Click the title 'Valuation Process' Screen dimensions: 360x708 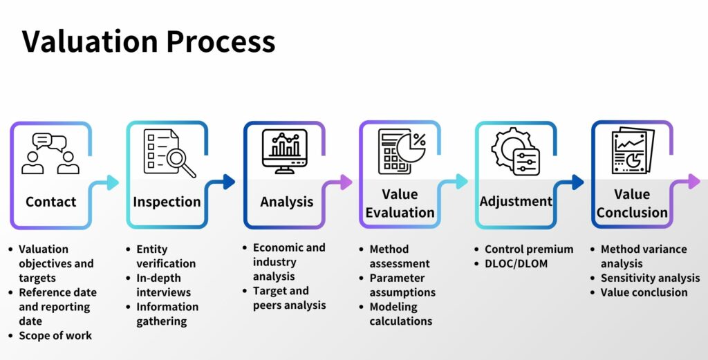(149, 41)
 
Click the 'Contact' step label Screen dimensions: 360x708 (50, 202)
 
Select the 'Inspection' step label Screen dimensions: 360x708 (167, 202)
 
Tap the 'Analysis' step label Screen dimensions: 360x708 (286, 202)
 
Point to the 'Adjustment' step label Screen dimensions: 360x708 (516, 202)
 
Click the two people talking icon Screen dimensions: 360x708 (50, 153)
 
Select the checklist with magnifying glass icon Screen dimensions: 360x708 (169, 153)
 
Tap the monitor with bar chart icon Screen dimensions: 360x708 (284, 152)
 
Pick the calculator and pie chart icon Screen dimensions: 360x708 (402, 152)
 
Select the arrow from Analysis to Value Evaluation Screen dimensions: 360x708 (342, 182)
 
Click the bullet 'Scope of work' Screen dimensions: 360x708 (55, 336)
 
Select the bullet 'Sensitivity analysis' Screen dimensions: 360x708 (650, 278)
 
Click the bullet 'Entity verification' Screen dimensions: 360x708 (166, 256)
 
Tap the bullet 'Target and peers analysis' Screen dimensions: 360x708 (290, 298)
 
